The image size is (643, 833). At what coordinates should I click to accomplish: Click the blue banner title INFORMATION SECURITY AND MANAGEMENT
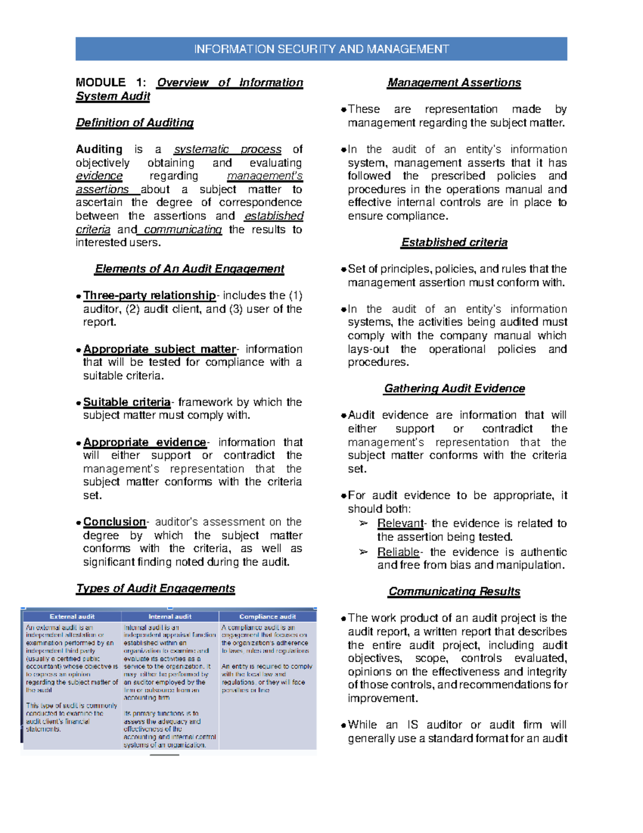coord(321,49)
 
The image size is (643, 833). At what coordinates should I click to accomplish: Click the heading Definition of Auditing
coord(134,123)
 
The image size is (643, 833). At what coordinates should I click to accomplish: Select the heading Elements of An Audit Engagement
coord(189,269)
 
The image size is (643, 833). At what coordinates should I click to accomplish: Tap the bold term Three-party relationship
coord(149,296)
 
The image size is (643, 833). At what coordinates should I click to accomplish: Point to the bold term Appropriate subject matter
coord(160,349)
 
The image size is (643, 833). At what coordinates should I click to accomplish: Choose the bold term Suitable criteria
coord(127,402)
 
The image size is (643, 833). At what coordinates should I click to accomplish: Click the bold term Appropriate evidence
coord(145,443)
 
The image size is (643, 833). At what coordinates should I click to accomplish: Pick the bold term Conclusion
coord(115,522)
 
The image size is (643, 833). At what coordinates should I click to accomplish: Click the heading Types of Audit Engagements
coord(155,588)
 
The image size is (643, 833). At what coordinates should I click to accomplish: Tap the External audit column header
coord(72,617)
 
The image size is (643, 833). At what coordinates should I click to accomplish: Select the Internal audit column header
coord(170,617)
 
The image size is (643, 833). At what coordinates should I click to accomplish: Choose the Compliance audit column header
coord(267,617)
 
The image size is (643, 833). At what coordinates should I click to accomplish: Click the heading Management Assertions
coord(454,83)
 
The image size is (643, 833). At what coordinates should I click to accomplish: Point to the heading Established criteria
coord(454,242)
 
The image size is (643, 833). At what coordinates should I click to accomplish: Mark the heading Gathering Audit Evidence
coord(454,388)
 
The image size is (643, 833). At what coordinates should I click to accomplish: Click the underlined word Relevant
coord(400,524)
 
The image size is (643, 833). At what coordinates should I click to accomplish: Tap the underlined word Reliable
coord(399,552)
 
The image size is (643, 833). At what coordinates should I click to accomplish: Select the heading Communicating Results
coord(454,591)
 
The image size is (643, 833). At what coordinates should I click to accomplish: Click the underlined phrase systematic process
coord(227,149)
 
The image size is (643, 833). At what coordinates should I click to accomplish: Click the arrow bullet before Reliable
coord(363,552)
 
